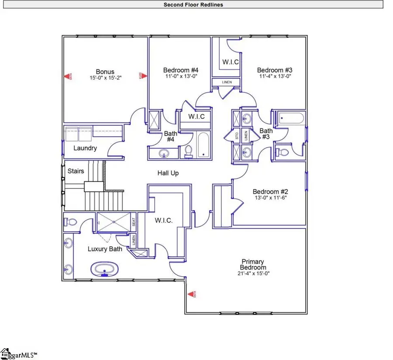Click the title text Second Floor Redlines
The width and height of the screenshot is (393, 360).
click(x=193, y=5)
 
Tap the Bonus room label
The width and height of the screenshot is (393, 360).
click(x=105, y=72)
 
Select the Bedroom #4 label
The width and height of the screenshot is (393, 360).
click(x=181, y=70)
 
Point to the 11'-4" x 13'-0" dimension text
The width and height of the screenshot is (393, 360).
click(x=274, y=76)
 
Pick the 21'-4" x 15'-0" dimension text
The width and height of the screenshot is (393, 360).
click(x=253, y=273)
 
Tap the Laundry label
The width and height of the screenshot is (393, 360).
click(x=85, y=148)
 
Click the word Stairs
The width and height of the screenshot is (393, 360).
click(x=76, y=171)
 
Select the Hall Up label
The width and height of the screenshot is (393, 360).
click(x=168, y=173)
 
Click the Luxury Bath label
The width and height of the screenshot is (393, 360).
click(x=105, y=249)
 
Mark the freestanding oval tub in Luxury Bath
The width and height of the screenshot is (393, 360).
click(x=104, y=269)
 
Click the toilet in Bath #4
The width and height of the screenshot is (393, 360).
click(x=189, y=151)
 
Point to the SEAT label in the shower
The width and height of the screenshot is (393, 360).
click(x=134, y=222)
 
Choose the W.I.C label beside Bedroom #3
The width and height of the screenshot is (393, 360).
click(x=230, y=62)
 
